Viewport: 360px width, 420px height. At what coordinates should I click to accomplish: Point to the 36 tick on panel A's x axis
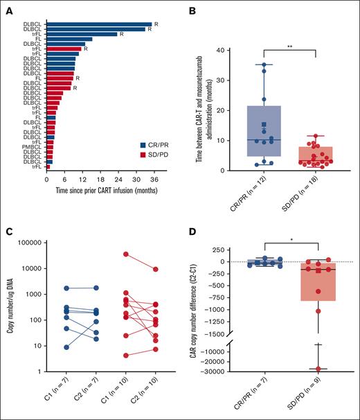click(154, 178)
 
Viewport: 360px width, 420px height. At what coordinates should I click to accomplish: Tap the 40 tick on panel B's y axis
click(222, 51)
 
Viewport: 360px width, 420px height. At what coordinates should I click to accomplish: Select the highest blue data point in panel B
click(264, 65)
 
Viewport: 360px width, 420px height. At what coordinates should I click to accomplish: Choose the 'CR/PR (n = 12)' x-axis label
click(258, 197)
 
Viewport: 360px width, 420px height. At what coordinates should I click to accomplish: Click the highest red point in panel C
click(125, 254)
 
